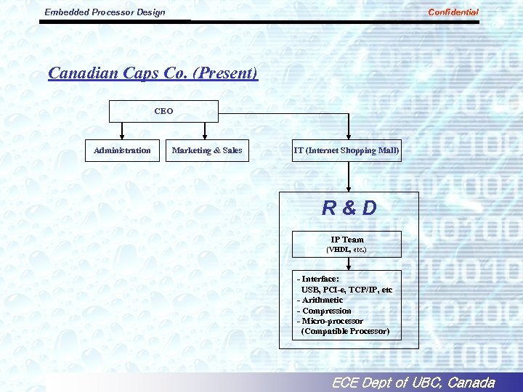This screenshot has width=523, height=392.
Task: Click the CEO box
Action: (x=163, y=111)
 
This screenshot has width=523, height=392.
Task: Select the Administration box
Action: (x=122, y=150)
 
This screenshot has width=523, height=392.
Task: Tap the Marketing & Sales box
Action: (x=207, y=150)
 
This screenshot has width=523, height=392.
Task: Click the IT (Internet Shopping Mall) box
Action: (x=346, y=150)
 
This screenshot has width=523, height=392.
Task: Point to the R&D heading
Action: (x=349, y=208)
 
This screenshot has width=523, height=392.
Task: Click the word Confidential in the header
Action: (x=453, y=12)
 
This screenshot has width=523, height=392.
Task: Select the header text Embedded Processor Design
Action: (x=105, y=12)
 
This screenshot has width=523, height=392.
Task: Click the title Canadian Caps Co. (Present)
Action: (x=153, y=73)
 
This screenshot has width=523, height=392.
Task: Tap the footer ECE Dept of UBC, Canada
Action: (x=413, y=383)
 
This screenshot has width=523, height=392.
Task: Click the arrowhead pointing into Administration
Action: (x=122, y=135)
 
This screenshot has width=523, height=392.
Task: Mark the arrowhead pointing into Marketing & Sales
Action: (x=206, y=135)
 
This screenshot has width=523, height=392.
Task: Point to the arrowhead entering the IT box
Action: (x=349, y=135)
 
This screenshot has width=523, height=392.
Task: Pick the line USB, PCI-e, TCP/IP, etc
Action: (x=346, y=290)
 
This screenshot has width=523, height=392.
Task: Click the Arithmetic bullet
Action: (x=320, y=300)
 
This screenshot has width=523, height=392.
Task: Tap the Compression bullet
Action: (x=324, y=311)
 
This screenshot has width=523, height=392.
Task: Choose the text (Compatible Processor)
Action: (x=345, y=331)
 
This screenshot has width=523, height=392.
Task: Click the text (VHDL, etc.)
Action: (x=346, y=250)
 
